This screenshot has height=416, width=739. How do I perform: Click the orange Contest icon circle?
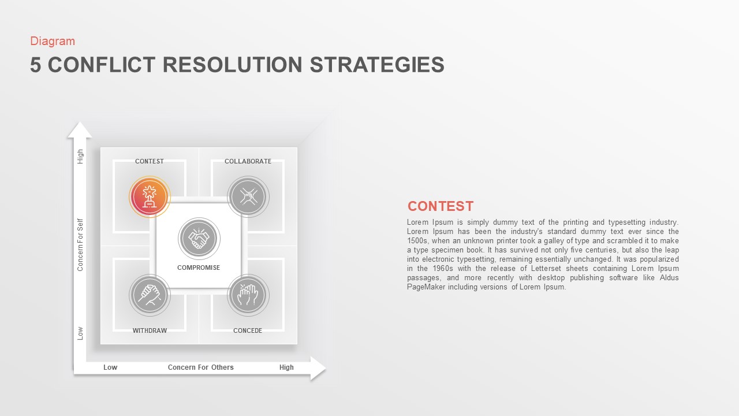[x=150, y=196]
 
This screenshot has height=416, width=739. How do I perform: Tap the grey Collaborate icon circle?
[x=248, y=196]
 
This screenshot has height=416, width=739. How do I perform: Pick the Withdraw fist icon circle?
[x=150, y=295]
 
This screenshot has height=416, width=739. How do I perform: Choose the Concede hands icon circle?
[x=248, y=295]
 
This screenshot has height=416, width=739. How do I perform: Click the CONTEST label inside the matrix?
[x=150, y=161]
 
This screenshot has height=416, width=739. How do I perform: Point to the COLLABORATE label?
[x=248, y=161]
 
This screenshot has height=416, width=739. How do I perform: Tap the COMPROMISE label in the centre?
[x=199, y=268]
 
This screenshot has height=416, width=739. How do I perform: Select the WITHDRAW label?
[x=150, y=330]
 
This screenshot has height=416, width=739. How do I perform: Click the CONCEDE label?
[x=248, y=330]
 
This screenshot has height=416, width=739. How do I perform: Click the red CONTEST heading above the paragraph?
[x=441, y=206]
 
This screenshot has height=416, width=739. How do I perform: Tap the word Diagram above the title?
[x=53, y=41]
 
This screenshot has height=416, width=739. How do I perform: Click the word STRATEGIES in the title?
[x=377, y=65]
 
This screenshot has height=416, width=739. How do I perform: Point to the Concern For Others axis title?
[x=201, y=367]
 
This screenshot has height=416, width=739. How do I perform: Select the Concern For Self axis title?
[x=80, y=244]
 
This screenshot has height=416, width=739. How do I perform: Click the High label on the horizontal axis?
[x=286, y=367]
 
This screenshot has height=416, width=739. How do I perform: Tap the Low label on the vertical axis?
[x=80, y=333]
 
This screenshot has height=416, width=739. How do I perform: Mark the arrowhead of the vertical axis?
[x=80, y=130]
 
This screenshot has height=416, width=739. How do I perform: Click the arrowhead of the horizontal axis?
[x=318, y=369]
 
